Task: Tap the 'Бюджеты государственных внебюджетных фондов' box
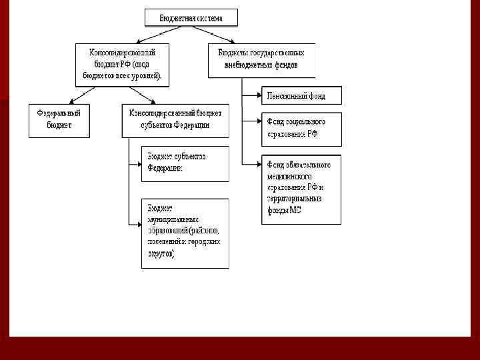tap(261, 60)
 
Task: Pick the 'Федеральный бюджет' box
tap(59, 120)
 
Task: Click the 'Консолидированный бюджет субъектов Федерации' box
tap(175, 120)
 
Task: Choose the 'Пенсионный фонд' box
tap(301, 95)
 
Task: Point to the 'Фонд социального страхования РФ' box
tap(301, 129)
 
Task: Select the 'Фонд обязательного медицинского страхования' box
tap(301, 189)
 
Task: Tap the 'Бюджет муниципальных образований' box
tap(185, 233)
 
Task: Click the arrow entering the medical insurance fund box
tap(251, 163)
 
